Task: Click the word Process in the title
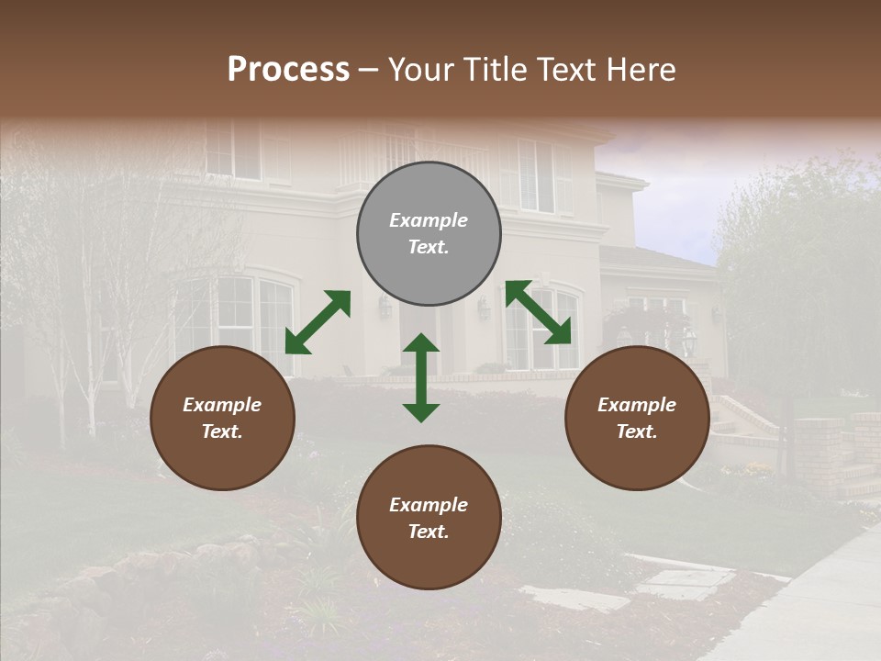(x=288, y=70)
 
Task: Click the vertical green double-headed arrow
(x=421, y=377)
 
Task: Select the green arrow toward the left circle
(x=318, y=321)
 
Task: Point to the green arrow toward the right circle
(x=538, y=312)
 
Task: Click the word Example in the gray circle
(x=429, y=220)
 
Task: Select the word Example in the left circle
(x=222, y=405)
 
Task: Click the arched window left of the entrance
(x=237, y=317)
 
